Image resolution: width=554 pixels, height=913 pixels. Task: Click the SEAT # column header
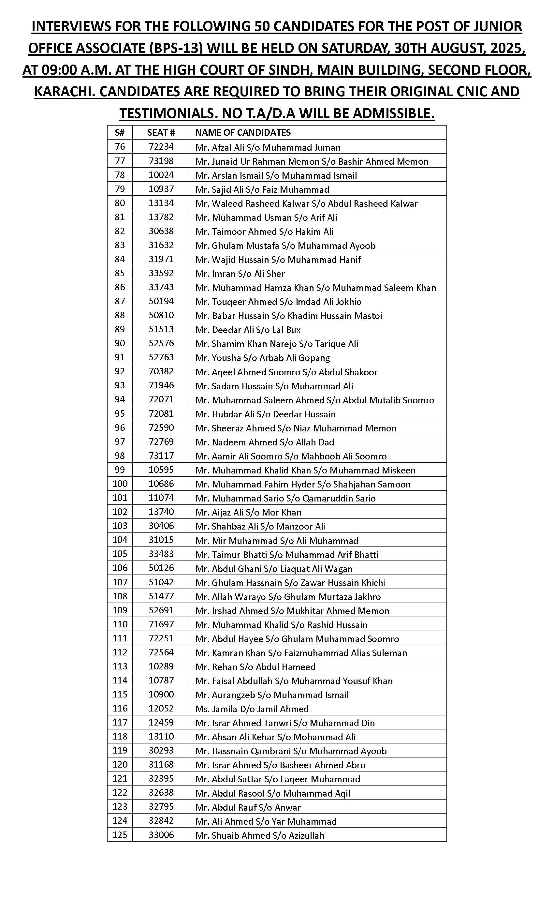point(161,133)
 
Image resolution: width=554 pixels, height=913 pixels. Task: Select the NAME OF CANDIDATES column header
point(243,133)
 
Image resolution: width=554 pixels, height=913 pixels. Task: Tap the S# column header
point(120,133)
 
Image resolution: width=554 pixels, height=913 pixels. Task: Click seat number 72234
point(161,147)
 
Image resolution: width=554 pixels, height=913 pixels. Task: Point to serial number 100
point(120,484)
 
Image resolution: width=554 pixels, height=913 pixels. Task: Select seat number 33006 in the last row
point(161,835)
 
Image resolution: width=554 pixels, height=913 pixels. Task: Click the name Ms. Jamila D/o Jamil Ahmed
point(252,709)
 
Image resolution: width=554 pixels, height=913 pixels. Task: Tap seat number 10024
point(161,175)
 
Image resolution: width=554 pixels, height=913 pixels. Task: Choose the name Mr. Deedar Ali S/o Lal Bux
point(248,330)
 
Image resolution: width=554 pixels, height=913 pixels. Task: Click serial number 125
point(120,835)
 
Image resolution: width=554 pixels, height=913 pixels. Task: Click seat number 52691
point(161,610)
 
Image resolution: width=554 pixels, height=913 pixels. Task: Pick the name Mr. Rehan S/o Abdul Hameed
point(255,667)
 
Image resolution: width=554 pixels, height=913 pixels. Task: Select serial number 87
point(120,301)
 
